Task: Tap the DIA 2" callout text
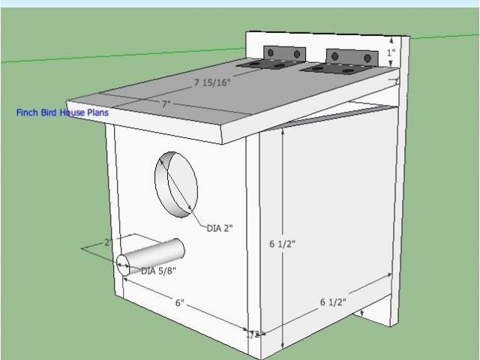[x=220, y=229]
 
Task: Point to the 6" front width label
[x=180, y=303]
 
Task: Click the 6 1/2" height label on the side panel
[x=282, y=244]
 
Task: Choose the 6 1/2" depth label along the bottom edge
[x=333, y=302]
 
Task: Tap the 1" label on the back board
[x=391, y=53]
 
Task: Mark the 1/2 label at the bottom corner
[x=253, y=334]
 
